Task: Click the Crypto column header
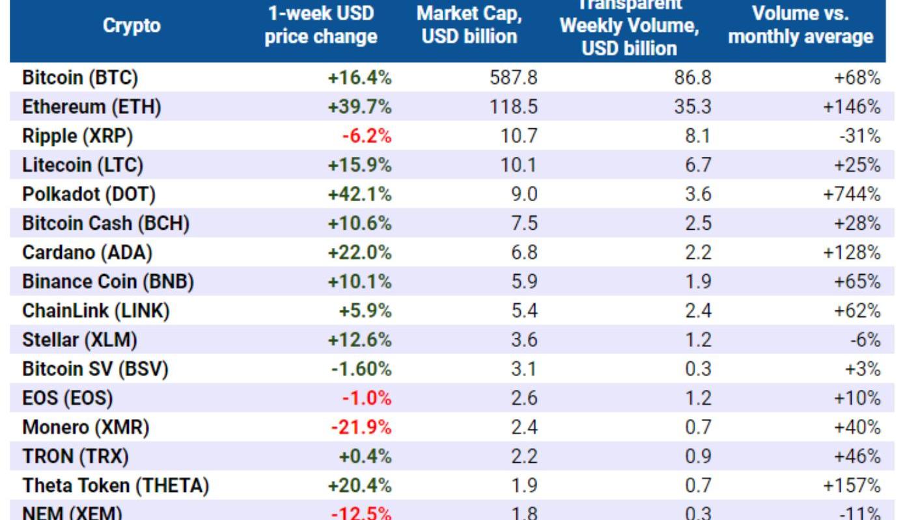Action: tap(132, 26)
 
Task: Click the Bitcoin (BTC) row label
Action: tap(80, 78)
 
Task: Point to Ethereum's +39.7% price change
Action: tap(360, 107)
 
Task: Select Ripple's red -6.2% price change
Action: tap(367, 137)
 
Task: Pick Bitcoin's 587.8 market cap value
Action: tap(513, 78)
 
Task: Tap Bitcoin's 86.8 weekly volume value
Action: tap(693, 78)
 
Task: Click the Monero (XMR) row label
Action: tap(86, 428)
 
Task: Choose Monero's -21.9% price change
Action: tap(361, 428)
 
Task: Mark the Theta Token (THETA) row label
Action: tap(116, 486)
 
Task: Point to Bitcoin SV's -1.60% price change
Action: tap(361, 370)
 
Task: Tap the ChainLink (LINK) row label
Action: tap(96, 311)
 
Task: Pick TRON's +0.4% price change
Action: tap(365, 457)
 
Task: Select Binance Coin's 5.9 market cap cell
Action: tap(524, 282)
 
